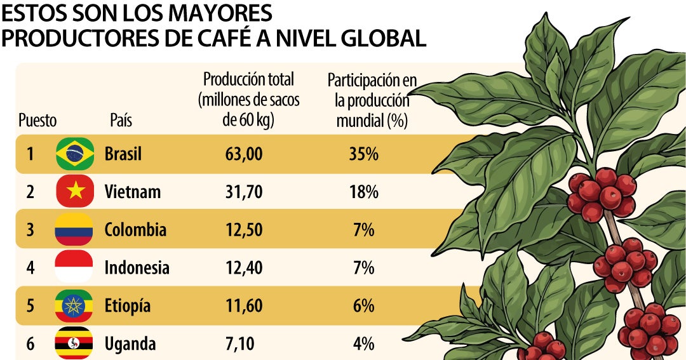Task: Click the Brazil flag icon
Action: tap(75, 154)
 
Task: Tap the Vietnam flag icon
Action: tap(75, 191)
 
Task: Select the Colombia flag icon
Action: tap(74, 229)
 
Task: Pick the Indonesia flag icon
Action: tap(74, 267)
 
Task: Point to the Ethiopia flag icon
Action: tap(74, 305)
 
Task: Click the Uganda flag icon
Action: tap(74, 343)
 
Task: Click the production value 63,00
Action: tap(244, 154)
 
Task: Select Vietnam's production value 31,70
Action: tap(244, 192)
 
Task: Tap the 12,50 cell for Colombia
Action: tap(244, 230)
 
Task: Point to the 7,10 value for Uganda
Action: tap(239, 344)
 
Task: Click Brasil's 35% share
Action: tap(363, 154)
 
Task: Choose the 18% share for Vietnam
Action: tap(363, 192)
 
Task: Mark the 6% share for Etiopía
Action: tap(363, 306)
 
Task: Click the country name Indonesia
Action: tap(137, 268)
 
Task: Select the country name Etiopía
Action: tap(127, 306)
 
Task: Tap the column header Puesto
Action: tap(37, 120)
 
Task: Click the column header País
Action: tap(121, 120)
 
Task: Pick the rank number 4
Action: tap(30, 268)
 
